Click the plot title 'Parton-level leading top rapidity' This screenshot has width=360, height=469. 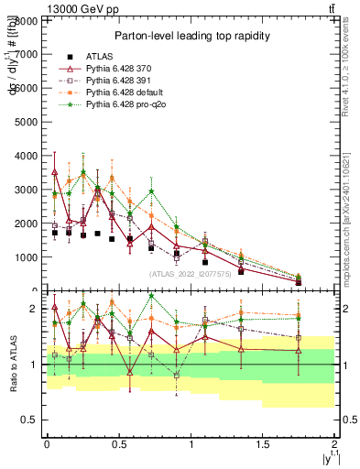(190, 36)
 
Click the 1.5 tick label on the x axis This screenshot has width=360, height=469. (263, 444)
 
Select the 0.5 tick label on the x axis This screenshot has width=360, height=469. (118, 444)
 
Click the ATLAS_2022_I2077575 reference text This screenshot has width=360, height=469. (190, 273)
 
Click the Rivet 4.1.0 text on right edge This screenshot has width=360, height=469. (349, 69)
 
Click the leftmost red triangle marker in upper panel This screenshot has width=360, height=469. (55, 171)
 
